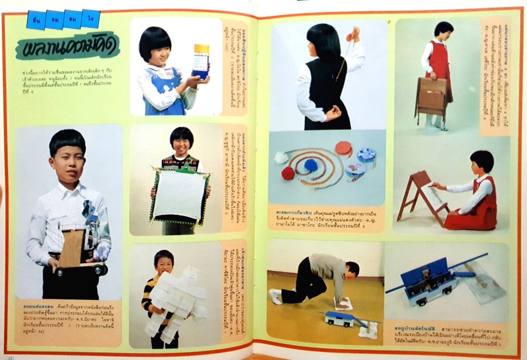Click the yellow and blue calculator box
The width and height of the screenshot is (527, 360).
pyautogui.click(x=201, y=61)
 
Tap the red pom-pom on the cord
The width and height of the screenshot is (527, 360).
pyautogui.click(x=287, y=173)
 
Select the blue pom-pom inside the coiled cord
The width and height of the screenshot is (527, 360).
pyautogui.click(x=310, y=165)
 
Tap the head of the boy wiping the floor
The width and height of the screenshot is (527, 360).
pyautogui.click(x=352, y=269)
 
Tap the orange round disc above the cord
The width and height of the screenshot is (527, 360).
pyautogui.click(x=343, y=147)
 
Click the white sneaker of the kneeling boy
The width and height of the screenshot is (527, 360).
pyautogui.click(x=275, y=296)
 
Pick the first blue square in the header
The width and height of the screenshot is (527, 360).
pyautogui.click(x=36, y=20)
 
